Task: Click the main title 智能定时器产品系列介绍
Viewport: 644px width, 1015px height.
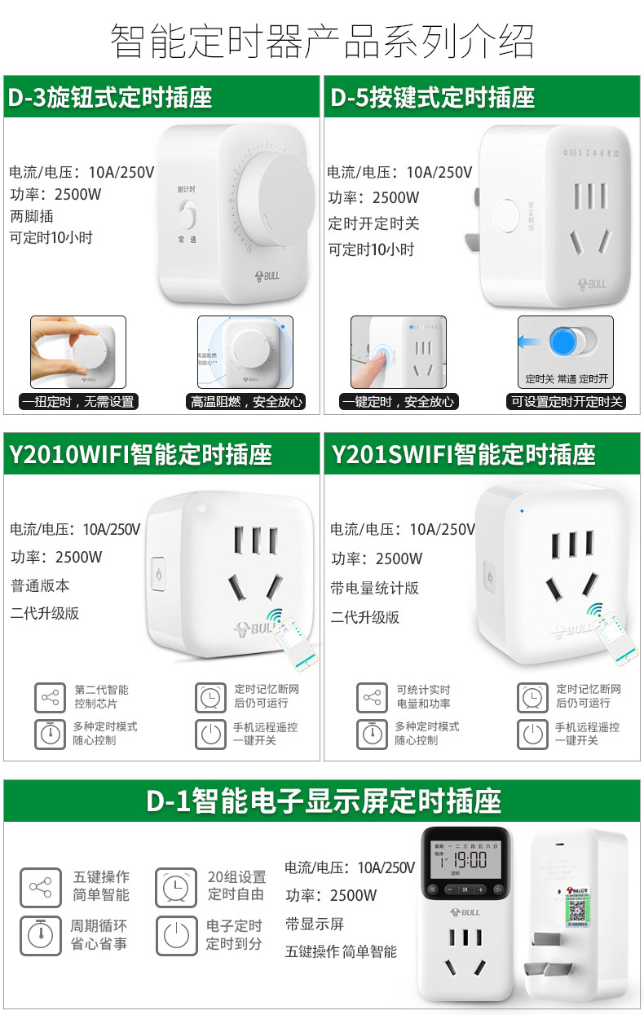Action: (322, 42)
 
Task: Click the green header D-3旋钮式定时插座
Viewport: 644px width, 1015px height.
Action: (110, 98)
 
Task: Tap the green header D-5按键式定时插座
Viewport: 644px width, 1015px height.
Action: (433, 98)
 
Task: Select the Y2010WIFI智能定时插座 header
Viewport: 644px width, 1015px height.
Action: (140, 454)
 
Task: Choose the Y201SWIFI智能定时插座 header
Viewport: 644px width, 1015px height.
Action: (463, 454)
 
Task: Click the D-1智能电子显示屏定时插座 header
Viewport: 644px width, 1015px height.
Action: (323, 801)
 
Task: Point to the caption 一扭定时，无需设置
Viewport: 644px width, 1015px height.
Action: (78, 401)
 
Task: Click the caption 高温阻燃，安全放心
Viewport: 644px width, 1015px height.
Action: (246, 401)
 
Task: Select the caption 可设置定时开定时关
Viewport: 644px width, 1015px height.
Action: (567, 401)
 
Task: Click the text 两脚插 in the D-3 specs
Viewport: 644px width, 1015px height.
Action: (32, 216)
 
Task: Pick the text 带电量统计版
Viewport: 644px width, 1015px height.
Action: (374, 588)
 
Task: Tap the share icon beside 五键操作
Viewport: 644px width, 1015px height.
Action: (41, 887)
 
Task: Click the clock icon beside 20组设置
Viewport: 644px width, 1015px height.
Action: (175, 887)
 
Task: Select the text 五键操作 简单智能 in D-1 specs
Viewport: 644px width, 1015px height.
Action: (341, 951)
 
